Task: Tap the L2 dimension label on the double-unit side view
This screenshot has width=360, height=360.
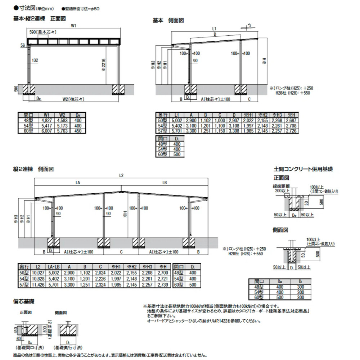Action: coord(121,175)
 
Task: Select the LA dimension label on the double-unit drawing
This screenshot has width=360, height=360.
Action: coord(77,183)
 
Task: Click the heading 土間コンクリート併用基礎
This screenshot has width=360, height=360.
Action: coord(303,168)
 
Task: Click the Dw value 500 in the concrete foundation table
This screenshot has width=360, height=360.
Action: coord(279,297)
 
